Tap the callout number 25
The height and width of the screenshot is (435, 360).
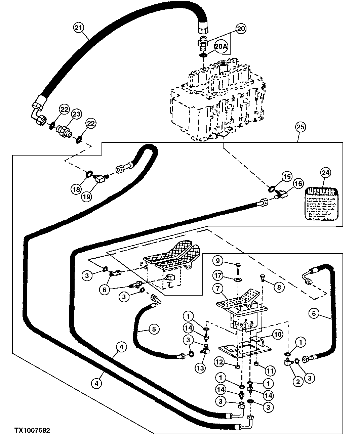click(x=300, y=127)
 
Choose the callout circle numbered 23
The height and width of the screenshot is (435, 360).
click(x=77, y=115)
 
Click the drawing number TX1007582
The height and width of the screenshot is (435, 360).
click(x=32, y=430)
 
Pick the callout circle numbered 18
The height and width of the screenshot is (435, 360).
click(x=77, y=189)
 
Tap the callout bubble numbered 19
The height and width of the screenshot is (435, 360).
click(x=87, y=197)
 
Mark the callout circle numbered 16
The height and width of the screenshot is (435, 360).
click(x=298, y=183)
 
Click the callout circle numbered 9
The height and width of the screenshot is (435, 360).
click(x=217, y=260)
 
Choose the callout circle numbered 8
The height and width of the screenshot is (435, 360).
click(x=279, y=287)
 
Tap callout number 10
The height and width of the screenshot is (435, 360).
click(x=278, y=334)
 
